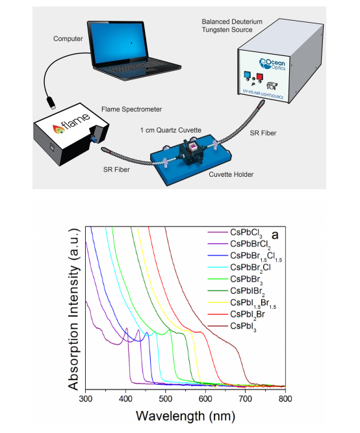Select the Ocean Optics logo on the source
click(272, 64)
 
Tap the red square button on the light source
click(259, 77)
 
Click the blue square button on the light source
click(246, 75)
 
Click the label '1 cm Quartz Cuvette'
click(171, 130)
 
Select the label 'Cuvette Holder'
click(231, 174)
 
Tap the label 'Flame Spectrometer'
click(131, 109)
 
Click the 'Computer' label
click(68, 38)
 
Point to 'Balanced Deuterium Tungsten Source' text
click(232, 26)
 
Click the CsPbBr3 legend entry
click(235, 280)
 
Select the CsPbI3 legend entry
click(232, 326)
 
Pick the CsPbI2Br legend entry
click(237, 315)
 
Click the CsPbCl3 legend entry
click(235, 233)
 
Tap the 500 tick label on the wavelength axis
click(165, 399)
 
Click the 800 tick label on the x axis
click(285, 399)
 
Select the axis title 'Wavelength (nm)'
click(185, 416)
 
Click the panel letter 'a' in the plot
click(275, 235)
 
